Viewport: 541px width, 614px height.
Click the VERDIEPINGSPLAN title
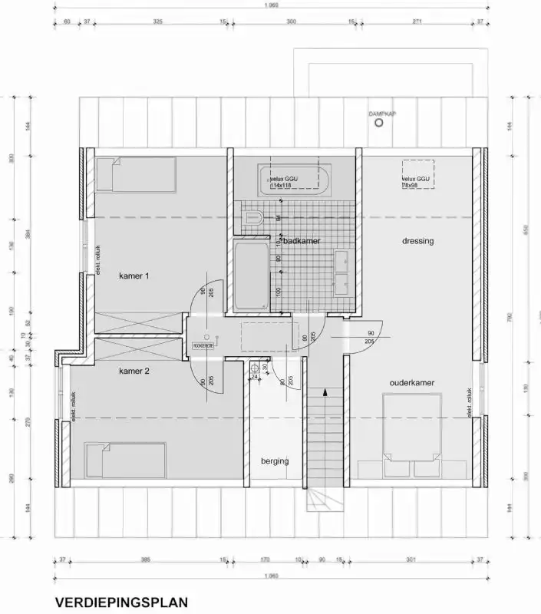coord(120,602)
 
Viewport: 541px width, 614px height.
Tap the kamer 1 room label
coord(134,276)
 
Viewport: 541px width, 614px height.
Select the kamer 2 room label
coord(134,371)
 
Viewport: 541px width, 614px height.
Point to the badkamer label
coord(302,241)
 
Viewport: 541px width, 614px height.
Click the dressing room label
coord(417,241)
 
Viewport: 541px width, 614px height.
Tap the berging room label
coord(274,461)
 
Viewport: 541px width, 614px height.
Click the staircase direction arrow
coord(325,392)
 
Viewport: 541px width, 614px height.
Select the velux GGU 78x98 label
coord(415,183)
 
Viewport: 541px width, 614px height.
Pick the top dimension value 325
coord(158,22)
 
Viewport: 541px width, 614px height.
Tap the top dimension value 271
coord(417,22)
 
